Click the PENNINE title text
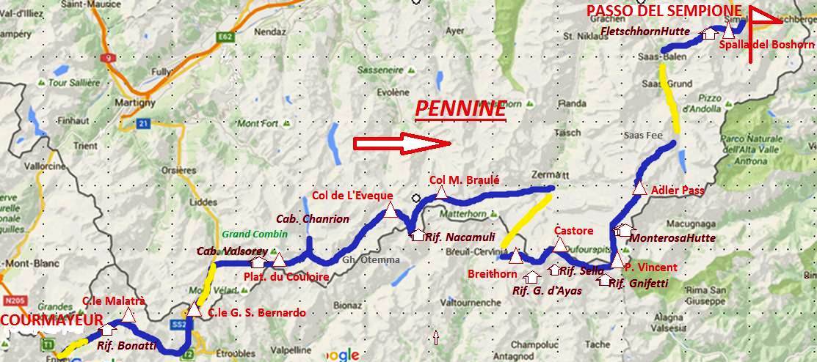click(460, 109)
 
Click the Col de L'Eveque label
click(352, 196)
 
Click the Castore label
click(573, 230)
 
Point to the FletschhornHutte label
click(648, 32)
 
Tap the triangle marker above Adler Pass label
click(639, 189)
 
